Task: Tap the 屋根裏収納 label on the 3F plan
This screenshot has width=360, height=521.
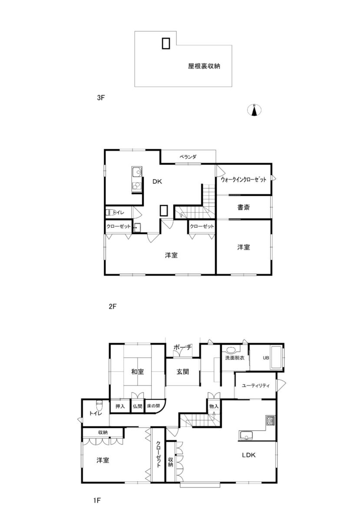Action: [204, 67]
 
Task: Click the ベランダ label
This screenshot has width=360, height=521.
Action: [188, 157]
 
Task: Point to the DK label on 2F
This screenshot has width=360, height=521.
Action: [157, 182]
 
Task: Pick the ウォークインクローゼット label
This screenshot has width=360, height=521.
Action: [243, 179]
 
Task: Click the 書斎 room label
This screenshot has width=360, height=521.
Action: [243, 208]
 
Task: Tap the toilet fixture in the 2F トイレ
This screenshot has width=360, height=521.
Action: [109, 212]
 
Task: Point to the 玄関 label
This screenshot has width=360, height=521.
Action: [183, 372]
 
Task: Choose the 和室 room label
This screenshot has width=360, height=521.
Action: [138, 372]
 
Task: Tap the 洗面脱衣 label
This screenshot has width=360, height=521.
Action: [234, 358]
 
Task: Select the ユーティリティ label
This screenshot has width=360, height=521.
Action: [256, 386]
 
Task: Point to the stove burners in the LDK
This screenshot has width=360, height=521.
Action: [271, 420]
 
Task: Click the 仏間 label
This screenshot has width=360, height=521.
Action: [138, 406]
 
